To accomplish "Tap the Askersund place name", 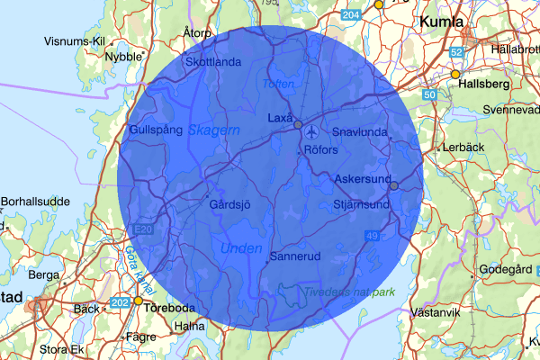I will coord(359,180).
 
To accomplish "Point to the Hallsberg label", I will coord(484,84).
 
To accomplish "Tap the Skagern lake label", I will coord(214,130).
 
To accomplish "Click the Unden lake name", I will coord(241,248).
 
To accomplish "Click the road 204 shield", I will coord(352,16).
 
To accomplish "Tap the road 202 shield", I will coord(119,303).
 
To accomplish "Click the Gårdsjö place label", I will coord(229,205).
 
